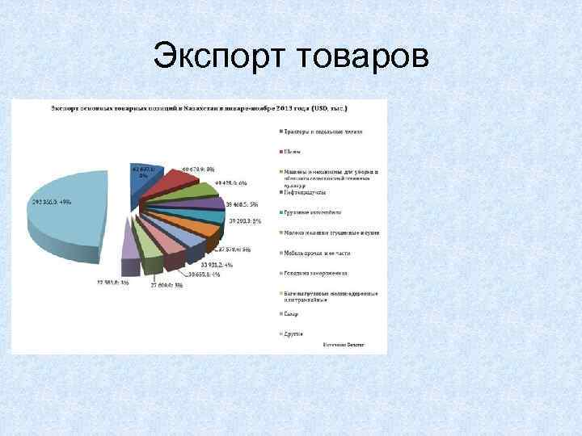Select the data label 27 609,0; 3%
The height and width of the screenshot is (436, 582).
click(x=167, y=284)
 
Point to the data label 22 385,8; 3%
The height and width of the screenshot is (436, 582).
click(x=113, y=282)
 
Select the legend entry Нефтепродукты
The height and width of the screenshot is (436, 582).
click(x=308, y=191)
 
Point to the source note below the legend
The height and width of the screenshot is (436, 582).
click(x=344, y=345)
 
